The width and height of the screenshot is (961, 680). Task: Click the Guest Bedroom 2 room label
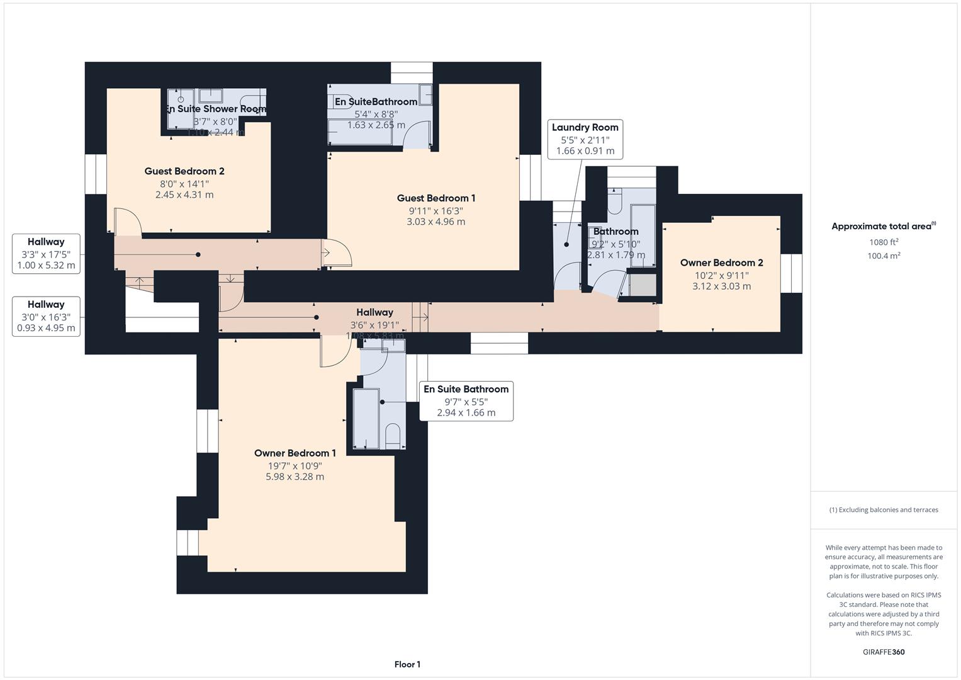pos(184,171)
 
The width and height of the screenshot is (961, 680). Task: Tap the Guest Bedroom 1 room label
pos(436,198)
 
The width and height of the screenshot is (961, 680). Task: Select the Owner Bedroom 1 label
pos(295,453)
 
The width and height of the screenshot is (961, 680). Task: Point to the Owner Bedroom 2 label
pos(721,263)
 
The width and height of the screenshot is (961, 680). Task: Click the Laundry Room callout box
pos(585,139)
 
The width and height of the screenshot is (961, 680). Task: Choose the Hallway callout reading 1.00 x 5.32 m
pos(46,254)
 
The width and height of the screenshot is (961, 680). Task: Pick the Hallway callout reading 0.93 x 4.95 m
pos(46,317)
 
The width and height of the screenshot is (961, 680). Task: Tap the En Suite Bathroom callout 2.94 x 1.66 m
pos(466,401)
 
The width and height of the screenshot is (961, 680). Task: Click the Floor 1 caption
pos(407,664)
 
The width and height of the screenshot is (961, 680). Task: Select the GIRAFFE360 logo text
pos(884,652)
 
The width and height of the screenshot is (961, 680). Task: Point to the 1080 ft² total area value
pos(884,242)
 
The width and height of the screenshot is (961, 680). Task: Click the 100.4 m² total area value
pos(884,256)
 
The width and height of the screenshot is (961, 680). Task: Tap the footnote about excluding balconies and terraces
pos(884,510)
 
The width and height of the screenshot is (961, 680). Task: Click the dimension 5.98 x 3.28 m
pos(295,477)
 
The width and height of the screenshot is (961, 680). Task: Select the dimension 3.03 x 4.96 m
pos(436,222)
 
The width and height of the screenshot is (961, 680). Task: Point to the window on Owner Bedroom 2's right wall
pos(791,273)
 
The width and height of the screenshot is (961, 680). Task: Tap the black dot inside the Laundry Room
pos(566,244)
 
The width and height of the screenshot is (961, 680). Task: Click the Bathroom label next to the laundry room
pos(615,232)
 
